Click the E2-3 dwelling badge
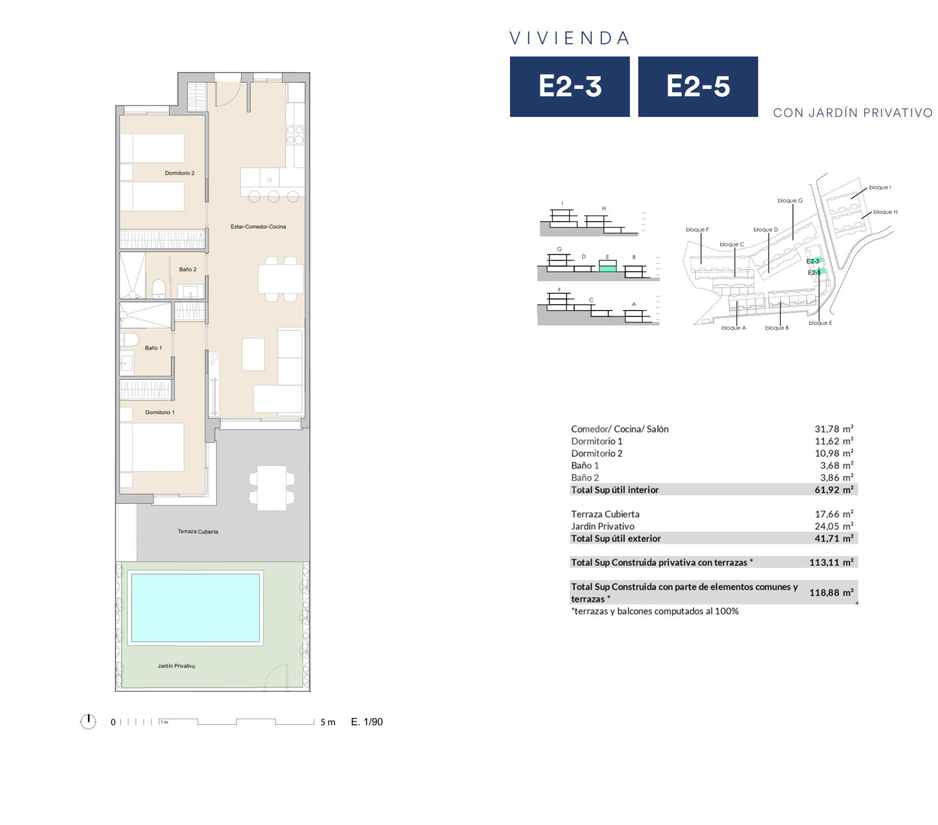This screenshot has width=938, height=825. tap(570, 87)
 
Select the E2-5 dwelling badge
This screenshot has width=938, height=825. tap(698, 87)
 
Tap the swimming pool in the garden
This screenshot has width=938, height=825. tap(195, 608)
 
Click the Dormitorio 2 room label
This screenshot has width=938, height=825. tap(180, 173)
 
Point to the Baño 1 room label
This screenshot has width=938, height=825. tap(154, 348)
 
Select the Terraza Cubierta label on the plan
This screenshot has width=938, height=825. tap(198, 532)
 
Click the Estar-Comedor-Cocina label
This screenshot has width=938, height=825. tap(258, 227)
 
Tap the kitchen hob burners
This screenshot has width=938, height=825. tap(295, 135)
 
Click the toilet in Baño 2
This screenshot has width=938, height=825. tap(159, 288)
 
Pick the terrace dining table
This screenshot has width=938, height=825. tap(272, 488)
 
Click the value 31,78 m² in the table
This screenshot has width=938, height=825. tap(834, 429)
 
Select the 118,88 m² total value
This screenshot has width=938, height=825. tap(831, 592)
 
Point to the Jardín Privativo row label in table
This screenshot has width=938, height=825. tap(603, 526)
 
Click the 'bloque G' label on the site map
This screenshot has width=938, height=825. tap(790, 201)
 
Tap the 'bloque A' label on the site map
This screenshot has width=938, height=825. tap(733, 328)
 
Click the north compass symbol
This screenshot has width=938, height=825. tap(88, 721)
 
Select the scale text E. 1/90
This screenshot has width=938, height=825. tap(367, 722)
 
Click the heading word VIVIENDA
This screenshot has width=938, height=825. tap(570, 38)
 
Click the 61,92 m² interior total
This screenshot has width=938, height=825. tap(834, 489)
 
